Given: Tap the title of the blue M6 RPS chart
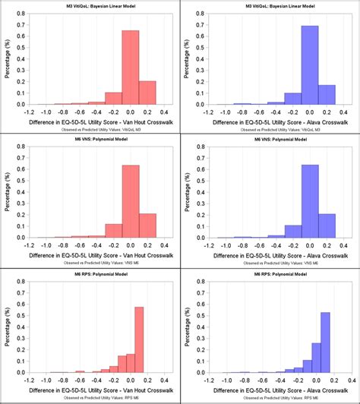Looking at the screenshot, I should click(269, 273).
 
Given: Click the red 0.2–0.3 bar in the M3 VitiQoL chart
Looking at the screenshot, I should click(148, 93).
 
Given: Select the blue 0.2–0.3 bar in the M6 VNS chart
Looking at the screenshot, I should click(327, 226).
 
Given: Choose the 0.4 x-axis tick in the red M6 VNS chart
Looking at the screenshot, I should click(166, 245).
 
